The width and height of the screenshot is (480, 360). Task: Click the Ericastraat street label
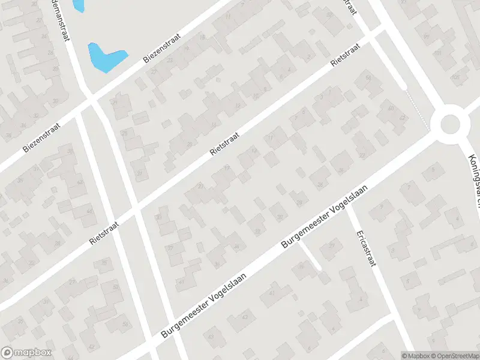click(365, 248)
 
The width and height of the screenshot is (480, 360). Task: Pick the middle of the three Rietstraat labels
click(226, 143)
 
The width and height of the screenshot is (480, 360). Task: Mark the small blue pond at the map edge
click(77, 5)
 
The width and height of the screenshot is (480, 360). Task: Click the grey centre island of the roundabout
click(452, 125)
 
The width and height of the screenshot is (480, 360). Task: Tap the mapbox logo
click(26, 353)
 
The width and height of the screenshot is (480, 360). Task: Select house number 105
click(455, 77)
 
